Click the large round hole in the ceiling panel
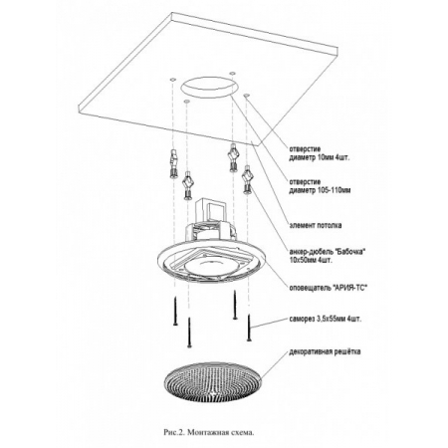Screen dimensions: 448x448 (209, 87)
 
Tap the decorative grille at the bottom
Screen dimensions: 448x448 (213, 382)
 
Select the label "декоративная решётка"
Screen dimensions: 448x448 (325, 351)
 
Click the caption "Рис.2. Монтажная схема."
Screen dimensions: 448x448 (209, 433)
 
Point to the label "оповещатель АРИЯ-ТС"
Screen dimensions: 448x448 (329, 288)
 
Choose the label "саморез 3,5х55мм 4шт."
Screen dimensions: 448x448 (326, 320)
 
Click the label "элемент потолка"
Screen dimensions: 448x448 (316, 225)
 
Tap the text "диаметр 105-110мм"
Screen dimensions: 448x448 (320, 190)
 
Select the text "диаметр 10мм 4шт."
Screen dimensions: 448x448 (319, 157)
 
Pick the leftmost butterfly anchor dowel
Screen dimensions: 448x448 (173, 164)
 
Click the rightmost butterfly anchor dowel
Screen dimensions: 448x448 (247, 179)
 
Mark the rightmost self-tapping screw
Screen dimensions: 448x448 (249, 328)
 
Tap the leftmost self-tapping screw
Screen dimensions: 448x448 (175, 312)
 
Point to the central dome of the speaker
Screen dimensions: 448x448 (210, 268)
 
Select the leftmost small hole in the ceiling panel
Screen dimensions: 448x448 (172, 80)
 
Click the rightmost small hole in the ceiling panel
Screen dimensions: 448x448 (246, 96)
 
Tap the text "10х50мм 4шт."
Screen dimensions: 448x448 (311, 260)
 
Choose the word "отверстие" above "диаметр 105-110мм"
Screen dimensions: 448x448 (305, 182)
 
